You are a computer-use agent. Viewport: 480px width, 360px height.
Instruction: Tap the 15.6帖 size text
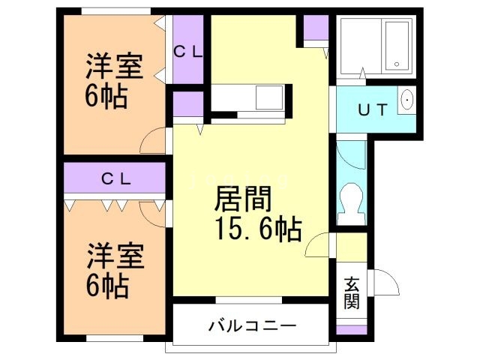click(x=258, y=229)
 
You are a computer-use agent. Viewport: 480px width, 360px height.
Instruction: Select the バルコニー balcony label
click(x=252, y=326)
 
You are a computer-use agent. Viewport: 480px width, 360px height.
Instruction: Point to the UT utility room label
click(x=372, y=110)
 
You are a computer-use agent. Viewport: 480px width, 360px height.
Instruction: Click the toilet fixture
click(x=349, y=201)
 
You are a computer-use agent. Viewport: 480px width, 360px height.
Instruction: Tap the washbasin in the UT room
click(x=406, y=100)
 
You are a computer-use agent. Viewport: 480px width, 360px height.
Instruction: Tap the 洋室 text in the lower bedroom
click(x=104, y=255)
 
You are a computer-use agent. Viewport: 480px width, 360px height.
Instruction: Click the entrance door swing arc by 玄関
click(x=385, y=283)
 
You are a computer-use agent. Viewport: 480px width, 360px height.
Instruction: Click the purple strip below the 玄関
click(x=352, y=329)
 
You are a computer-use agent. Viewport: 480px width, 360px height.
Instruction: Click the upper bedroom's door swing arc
click(x=153, y=139)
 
